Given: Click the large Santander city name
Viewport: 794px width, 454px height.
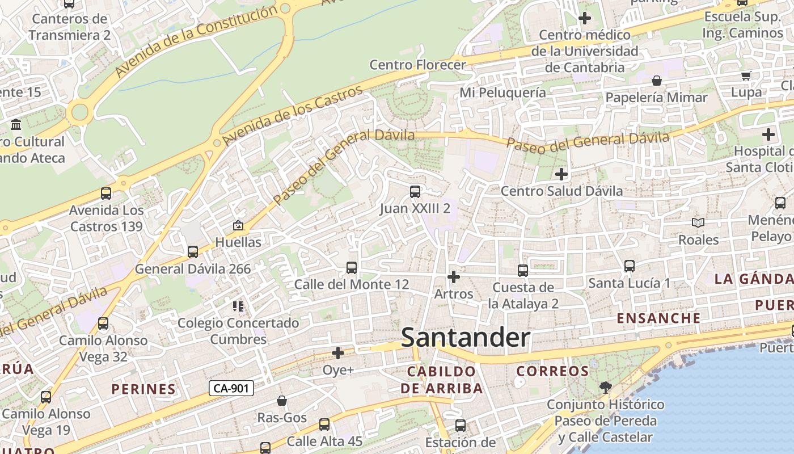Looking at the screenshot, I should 466,338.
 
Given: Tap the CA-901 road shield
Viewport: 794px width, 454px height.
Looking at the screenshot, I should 231,388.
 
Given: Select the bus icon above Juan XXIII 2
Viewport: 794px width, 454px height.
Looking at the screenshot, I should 415,192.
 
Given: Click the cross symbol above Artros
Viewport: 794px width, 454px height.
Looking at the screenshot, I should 453,277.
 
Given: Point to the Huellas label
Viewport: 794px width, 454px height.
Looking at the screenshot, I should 238,242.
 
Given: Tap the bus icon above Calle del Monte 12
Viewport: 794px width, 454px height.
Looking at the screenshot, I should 352,267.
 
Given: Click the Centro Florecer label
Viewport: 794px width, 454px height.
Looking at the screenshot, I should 417,65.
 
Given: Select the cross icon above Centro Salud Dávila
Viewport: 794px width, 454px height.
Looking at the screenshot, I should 561,174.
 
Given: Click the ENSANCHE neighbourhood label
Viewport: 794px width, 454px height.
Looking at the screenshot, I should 658,318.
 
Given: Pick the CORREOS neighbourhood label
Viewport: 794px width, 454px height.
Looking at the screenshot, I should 552,371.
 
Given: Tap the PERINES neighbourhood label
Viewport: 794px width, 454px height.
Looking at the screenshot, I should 143,389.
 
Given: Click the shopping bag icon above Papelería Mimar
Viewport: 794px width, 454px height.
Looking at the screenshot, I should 657,81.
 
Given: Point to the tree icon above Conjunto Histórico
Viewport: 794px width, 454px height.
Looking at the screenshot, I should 605,388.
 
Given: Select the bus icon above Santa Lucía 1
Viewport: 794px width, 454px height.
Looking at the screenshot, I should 629,266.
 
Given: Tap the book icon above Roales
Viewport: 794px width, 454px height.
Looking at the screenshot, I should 698,223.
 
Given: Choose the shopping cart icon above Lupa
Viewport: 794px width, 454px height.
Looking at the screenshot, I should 746,75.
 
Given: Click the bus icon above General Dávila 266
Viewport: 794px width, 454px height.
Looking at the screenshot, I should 193,251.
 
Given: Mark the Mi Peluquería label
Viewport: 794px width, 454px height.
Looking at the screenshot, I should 502,93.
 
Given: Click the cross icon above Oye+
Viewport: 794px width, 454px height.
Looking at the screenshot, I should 338,354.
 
